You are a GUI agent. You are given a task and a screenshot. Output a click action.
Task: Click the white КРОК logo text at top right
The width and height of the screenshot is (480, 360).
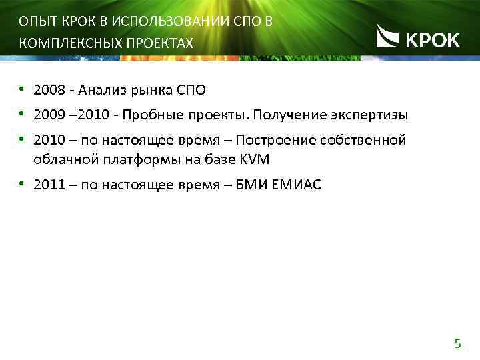point(433,40)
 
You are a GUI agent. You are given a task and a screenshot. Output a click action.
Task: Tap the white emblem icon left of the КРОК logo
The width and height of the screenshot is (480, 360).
point(388,36)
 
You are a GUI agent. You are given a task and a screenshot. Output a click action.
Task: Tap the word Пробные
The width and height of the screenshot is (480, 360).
point(151,115)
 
